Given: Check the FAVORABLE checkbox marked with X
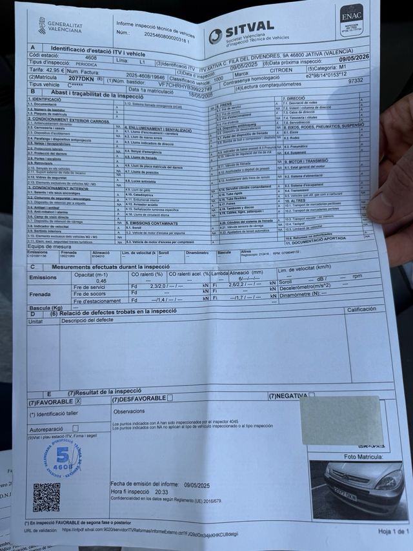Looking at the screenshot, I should (x=78, y=401).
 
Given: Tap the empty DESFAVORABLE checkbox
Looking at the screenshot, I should (x=170, y=398).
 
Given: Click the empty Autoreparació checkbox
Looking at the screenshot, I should (x=75, y=428).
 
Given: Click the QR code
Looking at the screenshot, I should (x=46, y=497).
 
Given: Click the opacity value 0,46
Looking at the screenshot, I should (x=101, y=281).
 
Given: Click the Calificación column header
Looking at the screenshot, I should (x=361, y=309).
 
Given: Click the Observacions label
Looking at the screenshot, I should (x=128, y=411).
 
